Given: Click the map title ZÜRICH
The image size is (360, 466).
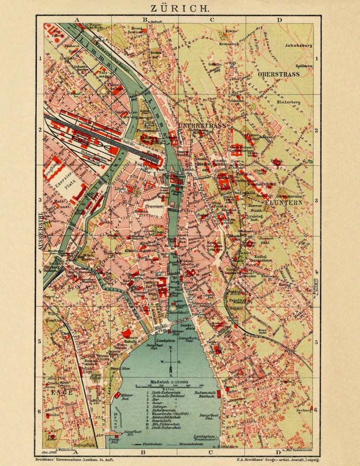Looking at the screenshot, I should click(x=180, y=8).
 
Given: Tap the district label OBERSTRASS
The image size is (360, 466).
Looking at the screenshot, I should click(x=278, y=74).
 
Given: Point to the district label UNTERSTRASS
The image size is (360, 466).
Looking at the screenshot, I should click(x=202, y=125).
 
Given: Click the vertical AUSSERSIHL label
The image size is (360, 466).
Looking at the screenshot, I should click(x=40, y=231).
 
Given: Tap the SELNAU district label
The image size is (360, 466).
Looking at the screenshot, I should click(x=64, y=287).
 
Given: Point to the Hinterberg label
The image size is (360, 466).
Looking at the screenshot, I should click(x=288, y=102).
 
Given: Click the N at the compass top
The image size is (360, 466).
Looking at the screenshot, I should click(x=170, y=348).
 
